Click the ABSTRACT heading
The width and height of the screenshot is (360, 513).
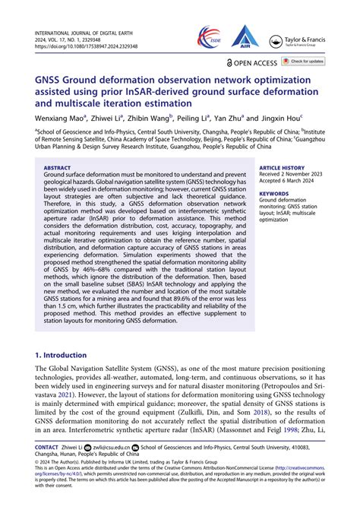57,166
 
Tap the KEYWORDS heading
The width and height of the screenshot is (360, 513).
274,194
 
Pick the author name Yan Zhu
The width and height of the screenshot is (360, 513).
226,119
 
